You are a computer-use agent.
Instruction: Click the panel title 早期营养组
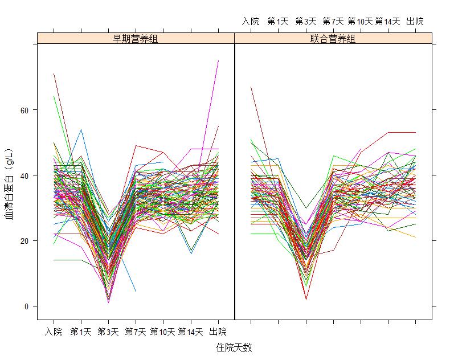[x=136, y=38]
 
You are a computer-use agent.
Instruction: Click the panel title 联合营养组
[x=333, y=38]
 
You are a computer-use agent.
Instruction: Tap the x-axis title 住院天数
[x=234, y=347]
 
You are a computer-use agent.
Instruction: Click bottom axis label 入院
[x=54, y=332]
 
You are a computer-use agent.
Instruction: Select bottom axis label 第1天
[x=81, y=332]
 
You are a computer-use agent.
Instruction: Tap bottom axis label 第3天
[x=108, y=332]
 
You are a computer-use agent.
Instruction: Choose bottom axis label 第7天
[x=136, y=332]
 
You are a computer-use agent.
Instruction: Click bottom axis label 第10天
[x=163, y=332]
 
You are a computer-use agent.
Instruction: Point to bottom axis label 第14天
[x=190, y=332]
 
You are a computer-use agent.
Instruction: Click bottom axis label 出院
[x=218, y=332]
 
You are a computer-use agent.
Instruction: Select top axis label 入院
[x=251, y=22]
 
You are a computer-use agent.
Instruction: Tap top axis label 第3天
[x=306, y=22]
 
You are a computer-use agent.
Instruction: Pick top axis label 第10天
[x=360, y=22]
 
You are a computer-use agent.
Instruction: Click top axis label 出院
[x=415, y=22]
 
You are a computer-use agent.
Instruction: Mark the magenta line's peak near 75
[x=218, y=61]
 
